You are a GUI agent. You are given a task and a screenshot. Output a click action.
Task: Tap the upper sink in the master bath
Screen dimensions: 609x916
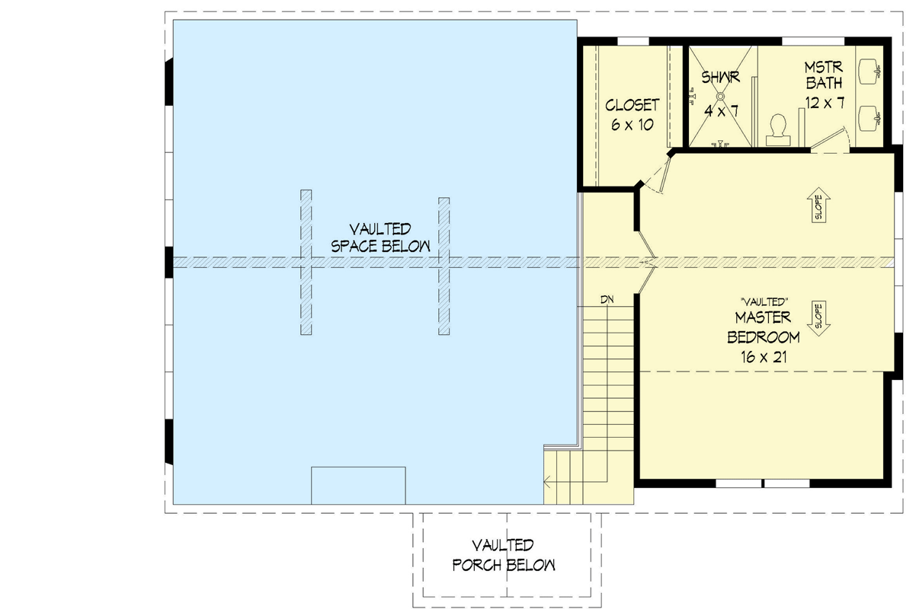(871, 71)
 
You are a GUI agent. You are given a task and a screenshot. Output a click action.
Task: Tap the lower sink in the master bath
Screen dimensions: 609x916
(871, 117)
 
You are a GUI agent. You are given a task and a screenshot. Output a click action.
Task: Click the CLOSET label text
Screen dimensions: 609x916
(632, 105)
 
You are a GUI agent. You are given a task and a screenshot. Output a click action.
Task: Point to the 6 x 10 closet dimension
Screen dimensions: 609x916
(632, 125)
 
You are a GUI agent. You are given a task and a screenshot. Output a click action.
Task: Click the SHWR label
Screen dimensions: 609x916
(720, 78)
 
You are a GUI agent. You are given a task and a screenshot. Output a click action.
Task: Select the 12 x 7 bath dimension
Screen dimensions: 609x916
(825, 102)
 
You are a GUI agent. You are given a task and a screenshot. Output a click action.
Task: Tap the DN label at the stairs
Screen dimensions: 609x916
(607, 300)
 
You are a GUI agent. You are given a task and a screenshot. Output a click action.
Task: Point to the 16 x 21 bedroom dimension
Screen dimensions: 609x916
(763, 356)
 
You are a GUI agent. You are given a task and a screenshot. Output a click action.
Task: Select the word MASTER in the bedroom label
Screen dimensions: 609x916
(763, 317)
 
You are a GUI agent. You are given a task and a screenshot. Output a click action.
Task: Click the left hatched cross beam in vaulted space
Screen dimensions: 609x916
(306, 262)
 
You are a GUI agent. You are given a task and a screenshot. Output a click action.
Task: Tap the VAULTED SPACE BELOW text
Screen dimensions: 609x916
(380, 238)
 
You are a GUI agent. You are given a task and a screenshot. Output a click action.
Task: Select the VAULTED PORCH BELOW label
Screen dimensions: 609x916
(503, 555)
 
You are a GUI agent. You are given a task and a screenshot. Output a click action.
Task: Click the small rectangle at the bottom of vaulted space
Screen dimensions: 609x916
(358, 485)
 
